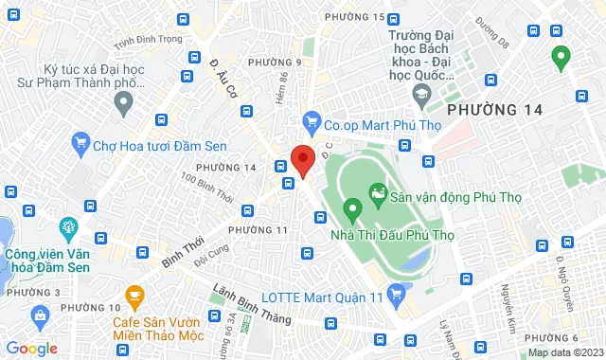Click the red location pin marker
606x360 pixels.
[x=302, y=159]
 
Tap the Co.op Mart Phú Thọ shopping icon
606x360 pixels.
[x=310, y=121]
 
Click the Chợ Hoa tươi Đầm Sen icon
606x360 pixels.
[x=79, y=146]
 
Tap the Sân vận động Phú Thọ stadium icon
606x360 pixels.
[x=378, y=197]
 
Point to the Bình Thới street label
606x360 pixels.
[x=183, y=250]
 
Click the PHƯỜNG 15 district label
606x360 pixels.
[x=354, y=17]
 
